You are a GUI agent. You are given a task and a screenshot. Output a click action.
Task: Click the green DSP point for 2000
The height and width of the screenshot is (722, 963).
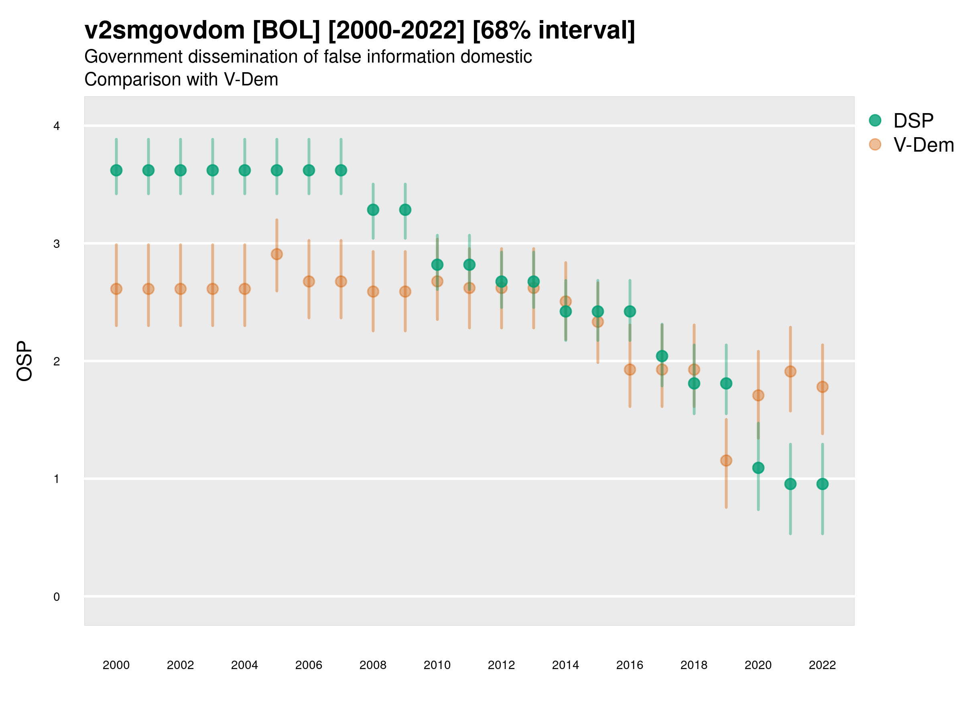point(116,170)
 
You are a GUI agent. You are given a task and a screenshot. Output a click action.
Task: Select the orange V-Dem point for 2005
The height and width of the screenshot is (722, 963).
point(277,254)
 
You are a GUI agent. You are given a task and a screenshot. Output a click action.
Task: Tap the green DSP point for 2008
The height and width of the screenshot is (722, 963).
point(373,210)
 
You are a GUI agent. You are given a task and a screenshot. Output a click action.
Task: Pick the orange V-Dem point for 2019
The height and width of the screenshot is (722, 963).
point(726,460)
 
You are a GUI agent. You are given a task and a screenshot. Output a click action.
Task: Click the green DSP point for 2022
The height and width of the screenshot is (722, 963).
point(823,484)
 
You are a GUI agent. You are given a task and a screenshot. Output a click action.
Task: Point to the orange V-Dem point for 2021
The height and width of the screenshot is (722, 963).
point(790,371)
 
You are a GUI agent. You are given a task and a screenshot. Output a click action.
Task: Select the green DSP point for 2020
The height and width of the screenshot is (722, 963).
point(758,468)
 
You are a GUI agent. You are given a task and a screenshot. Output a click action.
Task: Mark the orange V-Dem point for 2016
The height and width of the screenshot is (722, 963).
point(630,369)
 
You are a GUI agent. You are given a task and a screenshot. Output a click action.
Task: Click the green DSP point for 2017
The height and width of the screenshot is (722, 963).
point(662,356)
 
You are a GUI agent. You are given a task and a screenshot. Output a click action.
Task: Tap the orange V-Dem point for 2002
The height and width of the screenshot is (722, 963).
point(181,289)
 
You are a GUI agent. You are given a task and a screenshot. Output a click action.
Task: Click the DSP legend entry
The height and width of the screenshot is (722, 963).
point(913,121)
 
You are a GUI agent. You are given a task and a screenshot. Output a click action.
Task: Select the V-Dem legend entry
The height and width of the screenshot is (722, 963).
point(923,145)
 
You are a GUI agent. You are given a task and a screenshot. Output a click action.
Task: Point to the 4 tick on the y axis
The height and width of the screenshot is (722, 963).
point(57,126)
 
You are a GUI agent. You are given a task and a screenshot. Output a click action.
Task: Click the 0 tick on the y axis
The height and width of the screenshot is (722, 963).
point(57,597)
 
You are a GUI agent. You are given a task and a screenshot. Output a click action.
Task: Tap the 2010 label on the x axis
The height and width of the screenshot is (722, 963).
point(437,665)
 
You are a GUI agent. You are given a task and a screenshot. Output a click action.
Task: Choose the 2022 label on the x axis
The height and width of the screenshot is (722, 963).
point(823,665)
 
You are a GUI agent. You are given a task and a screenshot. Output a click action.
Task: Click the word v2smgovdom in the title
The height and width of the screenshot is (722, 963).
point(165,30)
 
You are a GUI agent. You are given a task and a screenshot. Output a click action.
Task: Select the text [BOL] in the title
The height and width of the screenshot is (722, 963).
point(286,30)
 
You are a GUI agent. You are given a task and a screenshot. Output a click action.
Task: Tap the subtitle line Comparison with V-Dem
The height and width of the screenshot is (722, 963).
point(181,80)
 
